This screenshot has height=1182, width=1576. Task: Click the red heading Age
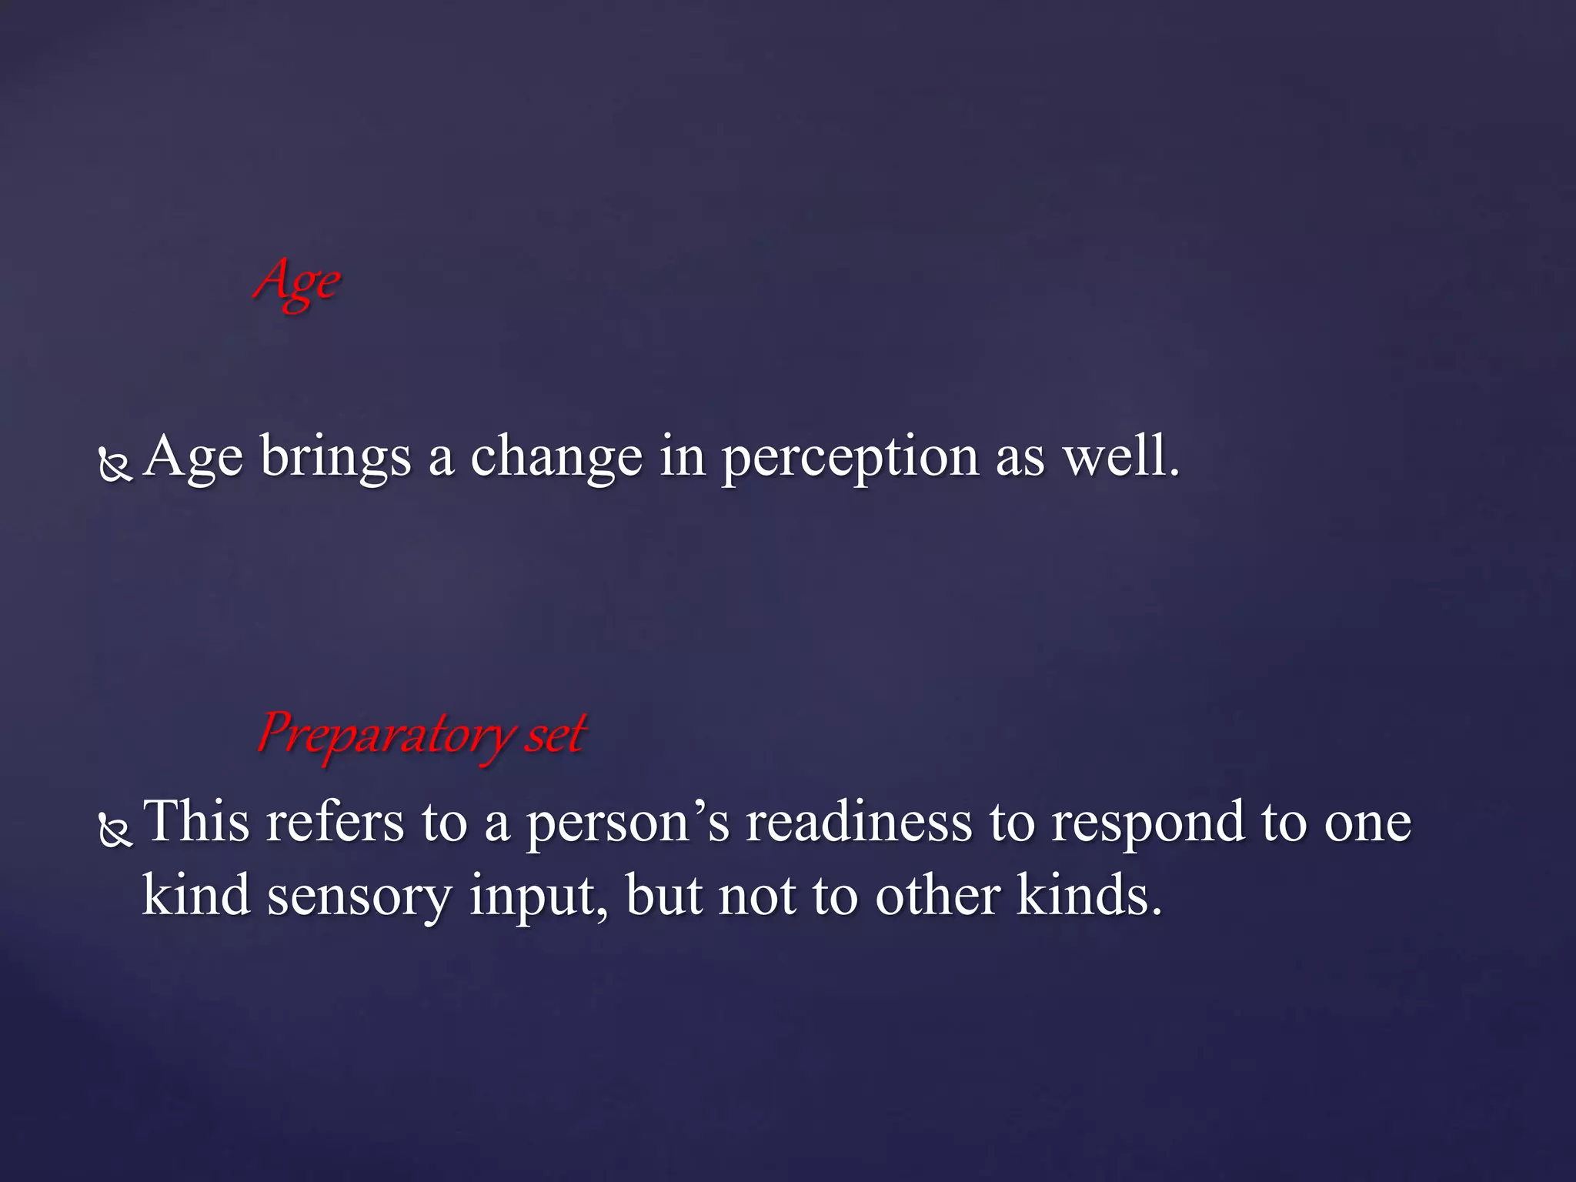pyautogui.click(x=297, y=283)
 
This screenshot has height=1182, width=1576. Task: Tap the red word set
pyautogui.click(x=556, y=734)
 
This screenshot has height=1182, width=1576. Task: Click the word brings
pyautogui.click(x=336, y=459)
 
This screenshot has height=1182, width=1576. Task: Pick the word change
pyautogui.click(x=556, y=457)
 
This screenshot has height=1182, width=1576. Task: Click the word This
pyautogui.click(x=196, y=822)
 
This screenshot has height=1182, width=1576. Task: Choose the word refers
pyautogui.click(x=335, y=822)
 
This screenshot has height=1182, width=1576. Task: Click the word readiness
pyautogui.click(x=859, y=822)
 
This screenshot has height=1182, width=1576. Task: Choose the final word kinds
pyautogui.click(x=1088, y=896)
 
